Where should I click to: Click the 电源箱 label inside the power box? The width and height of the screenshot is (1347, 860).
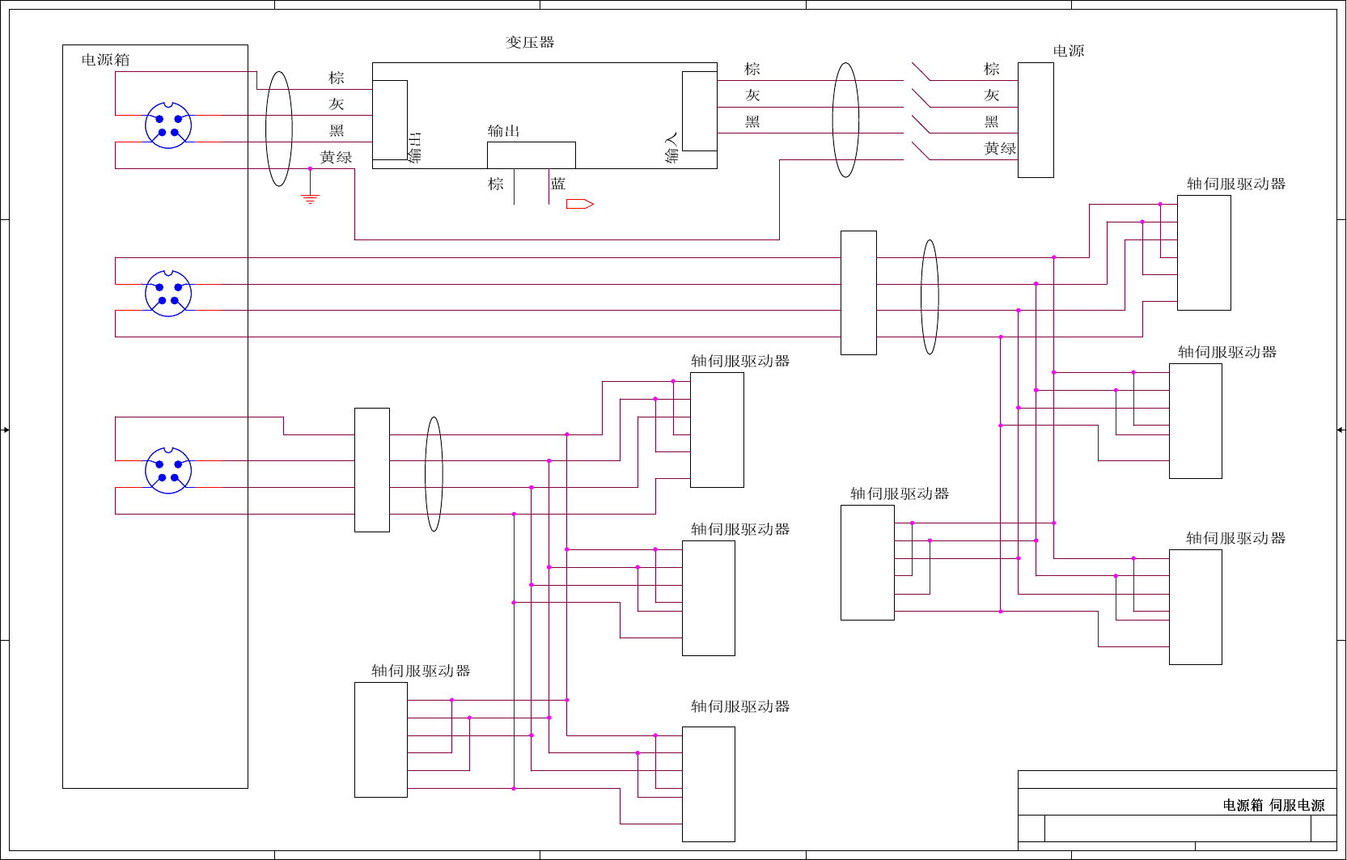[x=105, y=60]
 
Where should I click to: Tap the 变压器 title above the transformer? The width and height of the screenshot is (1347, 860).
[x=530, y=42]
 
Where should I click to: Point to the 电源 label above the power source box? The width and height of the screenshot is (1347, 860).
[x=1068, y=51]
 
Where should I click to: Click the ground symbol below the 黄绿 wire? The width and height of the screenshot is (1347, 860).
[x=310, y=197]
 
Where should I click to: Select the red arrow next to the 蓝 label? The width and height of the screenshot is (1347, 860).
[x=580, y=204]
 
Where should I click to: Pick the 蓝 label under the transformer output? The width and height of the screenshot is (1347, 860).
[x=558, y=184]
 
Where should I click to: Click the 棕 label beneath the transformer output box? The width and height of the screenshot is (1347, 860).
[x=496, y=184]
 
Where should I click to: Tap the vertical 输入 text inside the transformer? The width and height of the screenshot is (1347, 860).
[x=671, y=147]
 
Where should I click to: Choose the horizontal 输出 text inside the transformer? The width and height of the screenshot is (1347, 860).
[x=503, y=131]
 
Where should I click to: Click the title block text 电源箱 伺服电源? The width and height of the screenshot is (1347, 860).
[x=1273, y=805]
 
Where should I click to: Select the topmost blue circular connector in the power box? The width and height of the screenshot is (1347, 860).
[x=168, y=125]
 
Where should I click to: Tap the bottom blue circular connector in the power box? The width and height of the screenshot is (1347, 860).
[x=168, y=470]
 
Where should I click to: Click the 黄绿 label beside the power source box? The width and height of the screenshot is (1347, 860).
[x=1000, y=149]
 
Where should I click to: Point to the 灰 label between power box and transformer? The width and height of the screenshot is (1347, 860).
[x=337, y=104]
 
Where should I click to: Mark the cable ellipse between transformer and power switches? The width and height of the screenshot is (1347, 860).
[x=845, y=120]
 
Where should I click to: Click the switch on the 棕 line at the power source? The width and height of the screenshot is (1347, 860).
[x=921, y=72]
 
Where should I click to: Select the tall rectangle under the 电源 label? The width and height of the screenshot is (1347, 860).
[x=1036, y=120]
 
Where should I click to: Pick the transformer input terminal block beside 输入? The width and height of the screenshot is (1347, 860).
[x=700, y=111]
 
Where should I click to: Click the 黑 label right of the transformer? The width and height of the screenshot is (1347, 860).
[x=752, y=122]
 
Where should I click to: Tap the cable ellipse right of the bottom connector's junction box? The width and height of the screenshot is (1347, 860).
[x=434, y=474]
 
